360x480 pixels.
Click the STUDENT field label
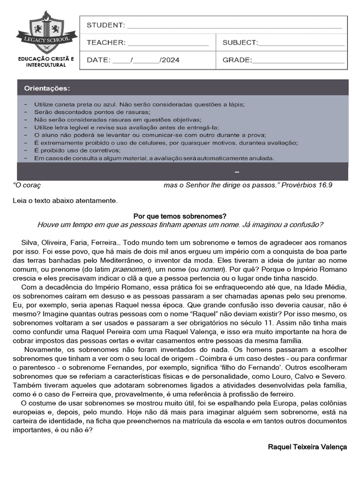click(105, 25)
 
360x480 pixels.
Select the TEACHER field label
click(106, 43)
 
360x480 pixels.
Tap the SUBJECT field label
click(240, 43)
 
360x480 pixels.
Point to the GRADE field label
click(237, 60)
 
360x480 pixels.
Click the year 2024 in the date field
click(171, 60)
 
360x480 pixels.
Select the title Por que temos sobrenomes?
click(180, 216)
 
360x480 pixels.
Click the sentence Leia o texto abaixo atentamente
click(65, 201)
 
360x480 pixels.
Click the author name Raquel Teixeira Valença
click(307, 447)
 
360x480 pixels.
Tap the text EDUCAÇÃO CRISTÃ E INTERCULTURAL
click(46, 62)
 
